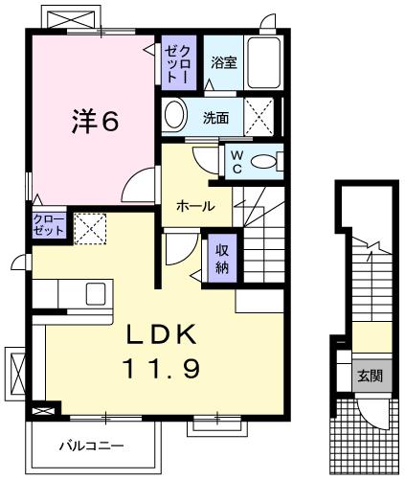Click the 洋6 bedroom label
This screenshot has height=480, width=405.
pyautogui.click(x=94, y=124)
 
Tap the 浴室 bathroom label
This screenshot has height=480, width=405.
pyautogui.click(x=224, y=62)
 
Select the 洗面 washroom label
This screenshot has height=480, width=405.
pyautogui.click(x=215, y=118)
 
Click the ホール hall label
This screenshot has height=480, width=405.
pyautogui.click(x=194, y=206)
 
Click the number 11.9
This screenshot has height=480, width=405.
pyautogui.click(x=161, y=369)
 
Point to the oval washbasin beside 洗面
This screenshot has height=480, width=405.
pyautogui.click(x=175, y=117)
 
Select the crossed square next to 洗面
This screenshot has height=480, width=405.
pyautogui.click(x=262, y=117)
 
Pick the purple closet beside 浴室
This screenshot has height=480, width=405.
pyautogui.click(x=178, y=63)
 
